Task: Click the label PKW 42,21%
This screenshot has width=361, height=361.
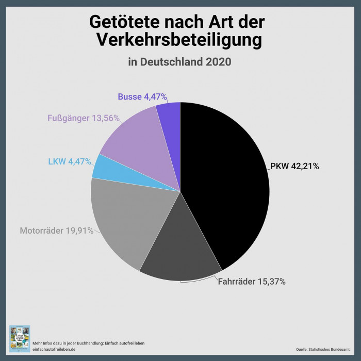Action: coord(294,166)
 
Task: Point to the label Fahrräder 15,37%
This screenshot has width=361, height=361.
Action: coord(251,282)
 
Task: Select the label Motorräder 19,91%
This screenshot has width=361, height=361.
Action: coord(57,231)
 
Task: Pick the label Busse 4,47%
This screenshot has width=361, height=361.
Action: coord(142,96)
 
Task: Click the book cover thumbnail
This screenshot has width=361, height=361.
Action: coord(20,338)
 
